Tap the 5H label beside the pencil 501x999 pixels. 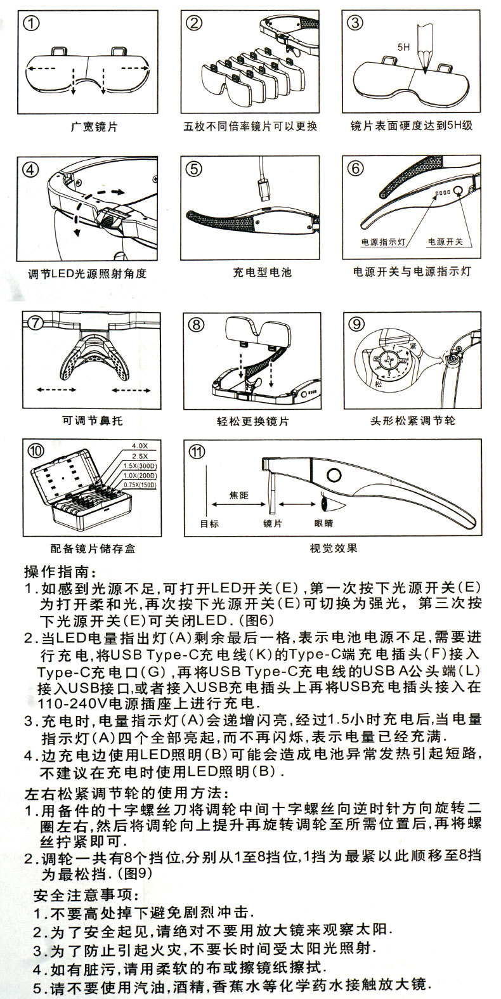point(403,48)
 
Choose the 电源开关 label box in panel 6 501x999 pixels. point(445,242)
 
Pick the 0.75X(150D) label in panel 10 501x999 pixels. point(138,485)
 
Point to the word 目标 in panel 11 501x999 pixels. point(209,525)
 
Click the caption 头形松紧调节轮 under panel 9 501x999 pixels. point(413,421)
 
